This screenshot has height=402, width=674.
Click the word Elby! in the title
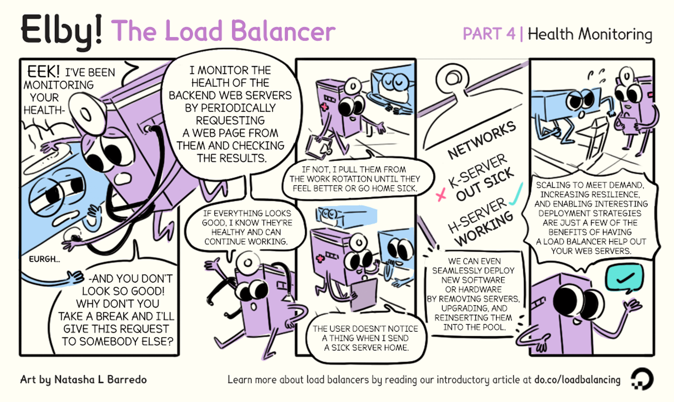click(x=61, y=32)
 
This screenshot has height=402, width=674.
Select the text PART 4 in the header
click(x=489, y=34)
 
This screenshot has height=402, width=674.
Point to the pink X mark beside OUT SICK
click(x=441, y=195)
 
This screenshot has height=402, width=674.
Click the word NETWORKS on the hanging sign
click(x=482, y=140)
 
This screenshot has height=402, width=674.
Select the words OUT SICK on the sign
click(x=485, y=185)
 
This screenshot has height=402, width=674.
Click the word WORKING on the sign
click(x=484, y=228)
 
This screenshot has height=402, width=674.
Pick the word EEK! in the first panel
click(x=43, y=71)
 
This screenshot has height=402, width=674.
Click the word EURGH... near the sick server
click(x=44, y=259)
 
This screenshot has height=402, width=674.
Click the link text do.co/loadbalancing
click(x=577, y=380)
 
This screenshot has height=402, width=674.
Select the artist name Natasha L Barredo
click(x=101, y=379)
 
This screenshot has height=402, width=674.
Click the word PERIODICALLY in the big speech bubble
click(x=230, y=108)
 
